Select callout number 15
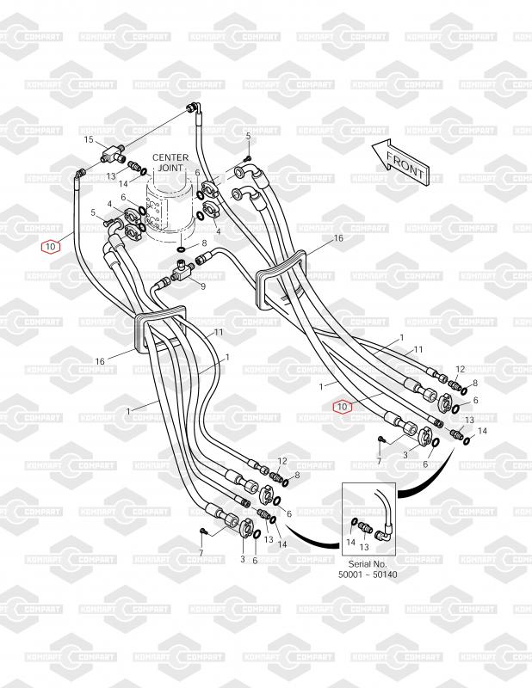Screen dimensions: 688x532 click(88, 139)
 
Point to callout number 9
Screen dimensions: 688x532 click(202, 285)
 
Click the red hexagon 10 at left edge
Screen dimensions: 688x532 click(51, 246)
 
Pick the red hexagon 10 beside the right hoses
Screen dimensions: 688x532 click(343, 406)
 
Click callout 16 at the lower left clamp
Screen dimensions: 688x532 click(100, 361)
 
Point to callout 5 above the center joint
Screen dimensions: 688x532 click(248, 137)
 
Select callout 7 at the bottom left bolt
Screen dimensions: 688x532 click(201, 551)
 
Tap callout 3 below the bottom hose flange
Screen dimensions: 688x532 click(242, 559)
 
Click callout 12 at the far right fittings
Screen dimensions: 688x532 click(461, 368)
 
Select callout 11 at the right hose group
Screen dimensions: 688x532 click(418, 349)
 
